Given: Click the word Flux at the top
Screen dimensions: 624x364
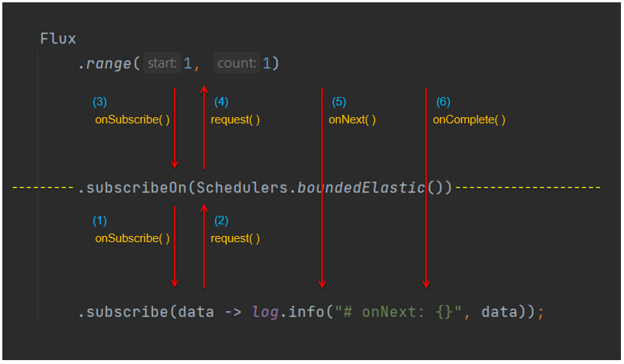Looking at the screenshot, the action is pos(58,39).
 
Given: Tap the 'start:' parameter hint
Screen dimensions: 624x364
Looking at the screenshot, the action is pos(162,64).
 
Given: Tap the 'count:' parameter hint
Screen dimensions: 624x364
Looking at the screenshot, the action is pos(236,64).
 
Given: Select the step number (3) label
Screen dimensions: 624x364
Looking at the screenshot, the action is pos(99,102).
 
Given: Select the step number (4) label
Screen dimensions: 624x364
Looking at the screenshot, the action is pos(221,102).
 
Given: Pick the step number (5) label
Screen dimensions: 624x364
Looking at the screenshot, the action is pos(338,102).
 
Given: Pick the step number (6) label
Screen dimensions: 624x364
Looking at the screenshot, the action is pos(442,102).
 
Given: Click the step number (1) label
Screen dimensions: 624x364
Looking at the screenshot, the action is pos(99,220).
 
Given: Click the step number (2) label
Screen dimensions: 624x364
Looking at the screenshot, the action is pos(221,220).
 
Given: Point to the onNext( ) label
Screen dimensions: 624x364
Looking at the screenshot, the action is pos(352,120).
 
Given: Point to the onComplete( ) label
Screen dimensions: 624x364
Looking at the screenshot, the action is pos(469,120).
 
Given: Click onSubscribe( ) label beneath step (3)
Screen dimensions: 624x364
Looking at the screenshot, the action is pos(132,120).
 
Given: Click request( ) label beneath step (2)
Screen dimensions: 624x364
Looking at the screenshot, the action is pos(235,238).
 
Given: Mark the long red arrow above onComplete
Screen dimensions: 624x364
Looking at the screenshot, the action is pos(425,186).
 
